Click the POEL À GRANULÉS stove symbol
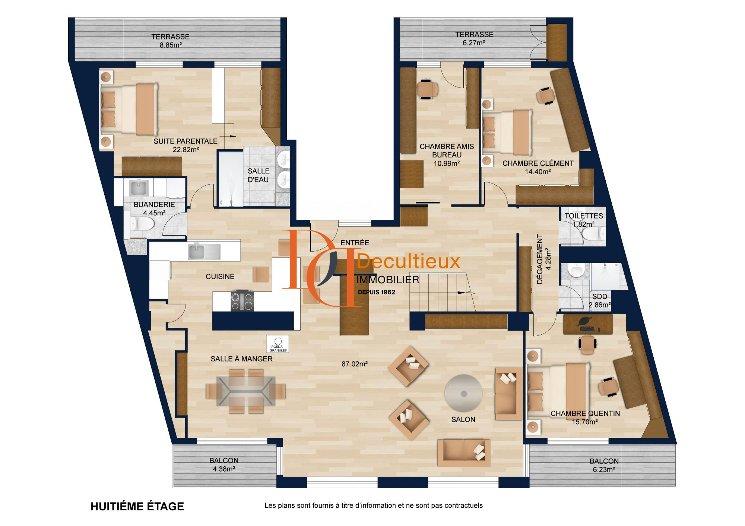click(278, 344)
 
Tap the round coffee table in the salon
click(463, 393)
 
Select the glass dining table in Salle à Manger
click(246, 391)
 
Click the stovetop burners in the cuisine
click(242, 300)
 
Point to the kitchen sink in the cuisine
click(204, 251)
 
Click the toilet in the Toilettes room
click(593, 234)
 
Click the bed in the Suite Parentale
click(129, 109)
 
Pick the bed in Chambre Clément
click(507, 132)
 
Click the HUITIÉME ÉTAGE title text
click(137, 506)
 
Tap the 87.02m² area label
click(355, 364)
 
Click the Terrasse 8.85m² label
click(171, 41)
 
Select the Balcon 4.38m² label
click(224, 465)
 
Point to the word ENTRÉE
click(355, 243)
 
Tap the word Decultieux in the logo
click(409, 261)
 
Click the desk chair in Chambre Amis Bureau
click(427, 89)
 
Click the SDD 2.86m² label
click(600, 301)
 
